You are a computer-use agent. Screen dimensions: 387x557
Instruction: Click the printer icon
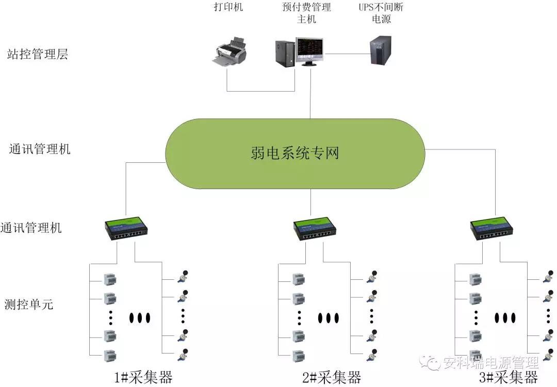pyautogui.click(x=230, y=53)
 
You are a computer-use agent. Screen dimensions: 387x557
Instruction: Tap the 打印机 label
pyautogui.click(x=228, y=7)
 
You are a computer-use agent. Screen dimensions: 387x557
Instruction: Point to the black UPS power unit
pyautogui.click(x=381, y=50)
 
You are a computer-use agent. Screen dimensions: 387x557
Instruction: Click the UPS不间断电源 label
pyautogui.click(x=381, y=13)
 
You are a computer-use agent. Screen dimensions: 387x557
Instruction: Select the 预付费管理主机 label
pyautogui.click(x=306, y=13)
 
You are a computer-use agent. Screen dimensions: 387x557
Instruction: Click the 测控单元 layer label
pyautogui.click(x=28, y=304)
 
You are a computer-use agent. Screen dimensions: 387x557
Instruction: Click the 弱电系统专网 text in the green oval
pyautogui.click(x=295, y=153)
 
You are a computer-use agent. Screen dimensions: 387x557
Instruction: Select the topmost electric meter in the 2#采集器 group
pyautogui.click(x=299, y=279)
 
